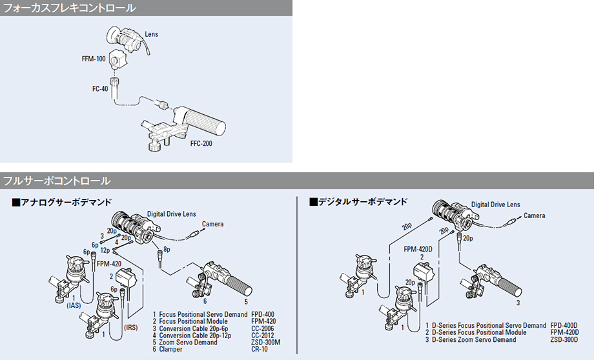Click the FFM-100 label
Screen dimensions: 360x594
[x=94, y=58]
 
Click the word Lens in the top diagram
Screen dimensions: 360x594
[x=151, y=34]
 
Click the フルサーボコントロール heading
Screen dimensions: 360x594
[x=57, y=181]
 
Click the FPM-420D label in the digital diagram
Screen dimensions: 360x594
[x=418, y=249]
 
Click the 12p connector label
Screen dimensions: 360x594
[x=105, y=250]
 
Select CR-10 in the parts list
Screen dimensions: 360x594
[x=260, y=349]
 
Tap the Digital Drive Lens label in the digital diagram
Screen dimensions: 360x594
[x=495, y=205]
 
